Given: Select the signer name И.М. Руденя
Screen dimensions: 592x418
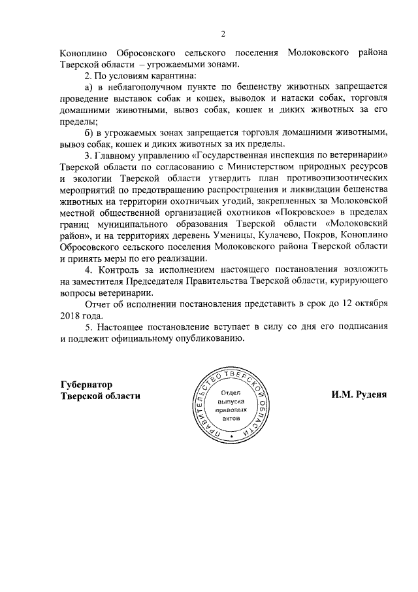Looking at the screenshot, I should tap(359, 396).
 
